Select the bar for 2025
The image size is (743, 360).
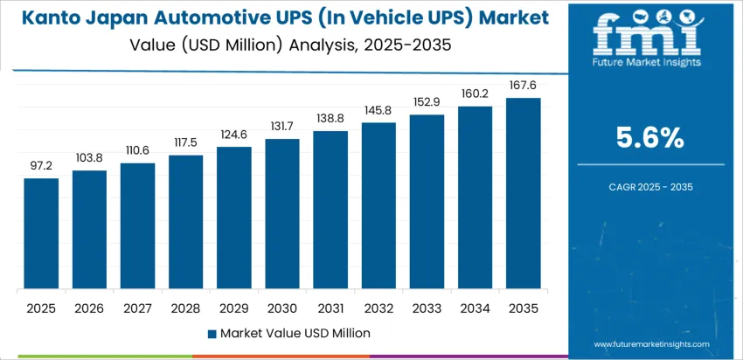[x=41, y=233]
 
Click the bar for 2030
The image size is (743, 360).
[x=282, y=214]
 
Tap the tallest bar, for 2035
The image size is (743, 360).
[x=524, y=193]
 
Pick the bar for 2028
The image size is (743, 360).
[x=186, y=222]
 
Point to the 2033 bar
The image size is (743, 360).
[x=427, y=202]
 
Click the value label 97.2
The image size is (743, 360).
[x=41, y=165]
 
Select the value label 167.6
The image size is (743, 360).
[x=524, y=85]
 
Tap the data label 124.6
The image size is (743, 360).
[x=234, y=134]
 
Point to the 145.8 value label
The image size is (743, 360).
[x=379, y=109]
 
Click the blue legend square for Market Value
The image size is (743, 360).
[x=212, y=333]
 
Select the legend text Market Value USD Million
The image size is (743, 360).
[x=295, y=333]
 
